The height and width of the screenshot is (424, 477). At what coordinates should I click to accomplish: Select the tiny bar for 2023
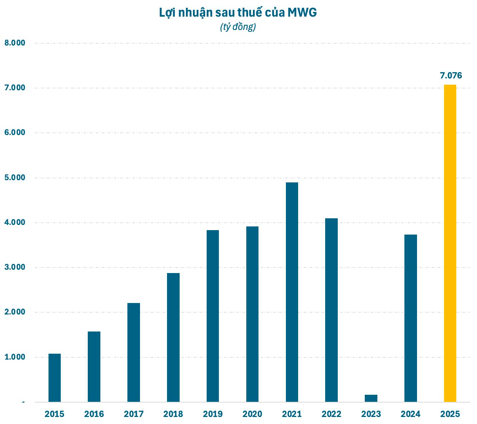pyautogui.click(x=371, y=398)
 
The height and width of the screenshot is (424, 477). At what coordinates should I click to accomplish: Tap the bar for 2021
pyautogui.click(x=292, y=292)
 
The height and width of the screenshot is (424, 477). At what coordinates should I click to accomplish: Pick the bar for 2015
pyautogui.click(x=54, y=378)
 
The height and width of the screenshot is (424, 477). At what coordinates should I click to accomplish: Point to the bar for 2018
pyautogui.click(x=173, y=337)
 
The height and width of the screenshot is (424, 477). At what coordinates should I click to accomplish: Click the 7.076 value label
pyautogui.click(x=451, y=76)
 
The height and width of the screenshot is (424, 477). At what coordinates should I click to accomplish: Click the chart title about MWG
pyautogui.click(x=238, y=13)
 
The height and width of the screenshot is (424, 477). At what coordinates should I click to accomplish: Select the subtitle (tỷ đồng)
pyautogui.click(x=238, y=27)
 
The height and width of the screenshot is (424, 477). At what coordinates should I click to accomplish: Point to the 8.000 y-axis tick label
pyautogui.click(x=15, y=43)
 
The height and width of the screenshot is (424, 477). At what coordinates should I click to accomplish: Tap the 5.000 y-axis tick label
pyautogui.click(x=15, y=178)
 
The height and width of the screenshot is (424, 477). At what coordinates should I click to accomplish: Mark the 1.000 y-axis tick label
pyautogui.click(x=15, y=357)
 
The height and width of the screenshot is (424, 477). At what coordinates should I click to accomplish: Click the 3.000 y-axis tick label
pyautogui.click(x=15, y=267)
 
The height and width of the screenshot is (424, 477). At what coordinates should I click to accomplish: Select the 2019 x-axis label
pyautogui.click(x=213, y=414)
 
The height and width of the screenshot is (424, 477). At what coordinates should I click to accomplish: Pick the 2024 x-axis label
pyautogui.click(x=410, y=414)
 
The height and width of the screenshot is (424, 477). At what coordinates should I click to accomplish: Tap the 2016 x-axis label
pyautogui.click(x=94, y=414)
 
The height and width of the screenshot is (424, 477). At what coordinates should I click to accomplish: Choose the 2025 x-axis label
pyautogui.click(x=450, y=414)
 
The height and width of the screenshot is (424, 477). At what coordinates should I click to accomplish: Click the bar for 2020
pyautogui.click(x=252, y=314)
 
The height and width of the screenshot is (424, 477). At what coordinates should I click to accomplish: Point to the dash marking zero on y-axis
pyautogui.click(x=23, y=402)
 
